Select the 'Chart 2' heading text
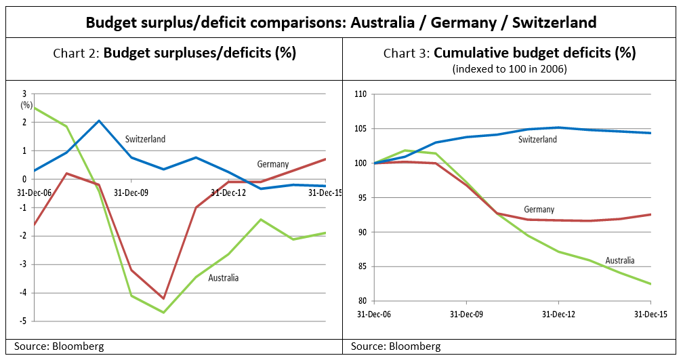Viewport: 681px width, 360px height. [x=174, y=53]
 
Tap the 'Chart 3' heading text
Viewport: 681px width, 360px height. [x=510, y=53]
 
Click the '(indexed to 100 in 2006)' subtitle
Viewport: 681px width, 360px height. [x=510, y=68]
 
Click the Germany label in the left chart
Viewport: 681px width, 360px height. [x=272, y=164]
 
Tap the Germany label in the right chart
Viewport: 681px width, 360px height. [x=539, y=209]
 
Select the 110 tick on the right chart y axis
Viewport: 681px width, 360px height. [x=359, y=94]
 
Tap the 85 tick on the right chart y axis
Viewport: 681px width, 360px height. [x=361, y=266]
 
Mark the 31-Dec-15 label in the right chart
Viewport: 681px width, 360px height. [x=651, y=315]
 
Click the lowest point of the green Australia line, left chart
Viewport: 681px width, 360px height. [x=163, y=313]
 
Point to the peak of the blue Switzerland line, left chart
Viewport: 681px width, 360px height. [x=99, y=121]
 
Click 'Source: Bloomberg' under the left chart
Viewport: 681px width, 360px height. [x=60, y=346]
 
